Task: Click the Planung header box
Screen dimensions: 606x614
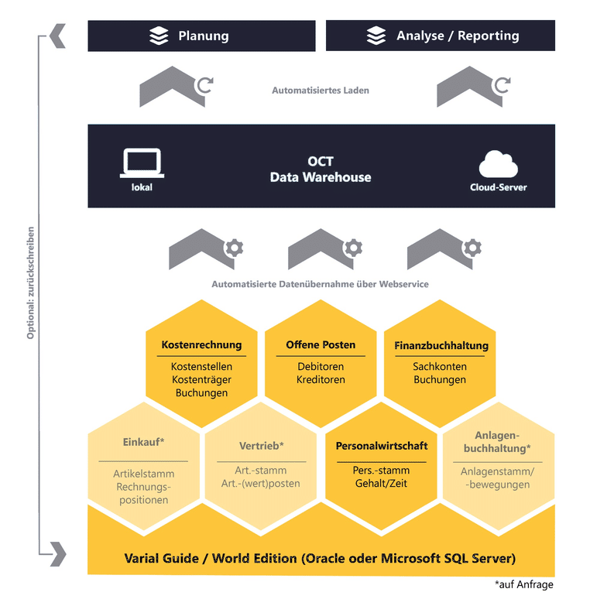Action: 201,36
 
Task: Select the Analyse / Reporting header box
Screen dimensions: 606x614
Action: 440,36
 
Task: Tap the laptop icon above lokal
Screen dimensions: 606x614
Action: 142,163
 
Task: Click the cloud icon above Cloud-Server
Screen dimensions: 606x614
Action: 498,165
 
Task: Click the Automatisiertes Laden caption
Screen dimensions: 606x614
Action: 320,91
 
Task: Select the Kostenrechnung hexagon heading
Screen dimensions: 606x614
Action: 201,345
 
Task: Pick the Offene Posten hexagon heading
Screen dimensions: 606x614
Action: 321,345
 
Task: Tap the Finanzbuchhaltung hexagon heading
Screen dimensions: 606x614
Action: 440,346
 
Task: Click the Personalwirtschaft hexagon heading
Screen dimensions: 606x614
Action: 382,446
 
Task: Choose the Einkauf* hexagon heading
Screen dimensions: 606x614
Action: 144,443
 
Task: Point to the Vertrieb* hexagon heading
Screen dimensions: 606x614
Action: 262,446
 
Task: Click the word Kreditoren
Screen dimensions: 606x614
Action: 321,380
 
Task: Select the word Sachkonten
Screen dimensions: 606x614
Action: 440,366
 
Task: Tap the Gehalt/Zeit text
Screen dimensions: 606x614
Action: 382,483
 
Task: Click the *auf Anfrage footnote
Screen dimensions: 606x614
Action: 523,585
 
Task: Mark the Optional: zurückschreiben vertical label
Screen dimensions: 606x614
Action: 31,283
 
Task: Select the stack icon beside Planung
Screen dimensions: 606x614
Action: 158,36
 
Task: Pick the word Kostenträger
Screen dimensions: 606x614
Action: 201,380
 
